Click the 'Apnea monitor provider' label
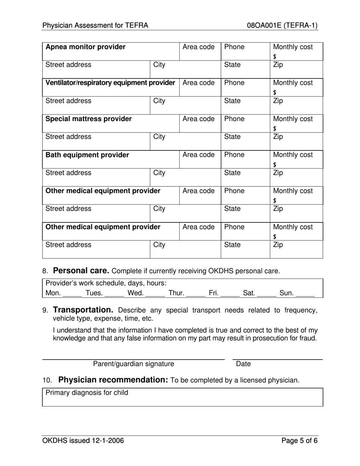pyautogui.click(x=85, y=47)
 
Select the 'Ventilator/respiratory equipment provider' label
pyautogui.click(x=110, y=83)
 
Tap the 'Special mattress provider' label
pyautogui.click(x=89, y=119)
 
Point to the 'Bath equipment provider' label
pyautogui.click(x=87, y=155)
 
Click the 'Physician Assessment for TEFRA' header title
pyautogui.click(x=95, y=26)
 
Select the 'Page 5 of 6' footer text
pyautogui.click(x=299, y=441)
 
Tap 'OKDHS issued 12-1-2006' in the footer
pyautogui.click(x=83, y=441)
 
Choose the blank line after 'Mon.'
pyautogui.click(x=72, y=294)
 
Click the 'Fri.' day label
pyautogui.click(x=214, y=292)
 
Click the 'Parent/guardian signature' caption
pyautogui.click(x=134, y=364)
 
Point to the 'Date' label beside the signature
pyautogui.click(x=243, y=364)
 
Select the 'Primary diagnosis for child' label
pyautogui.click(x=87, y=393)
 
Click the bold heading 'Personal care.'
pyautogui.click(x=81, y=271)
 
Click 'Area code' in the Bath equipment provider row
pyautogui.click(x=199, y=155)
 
